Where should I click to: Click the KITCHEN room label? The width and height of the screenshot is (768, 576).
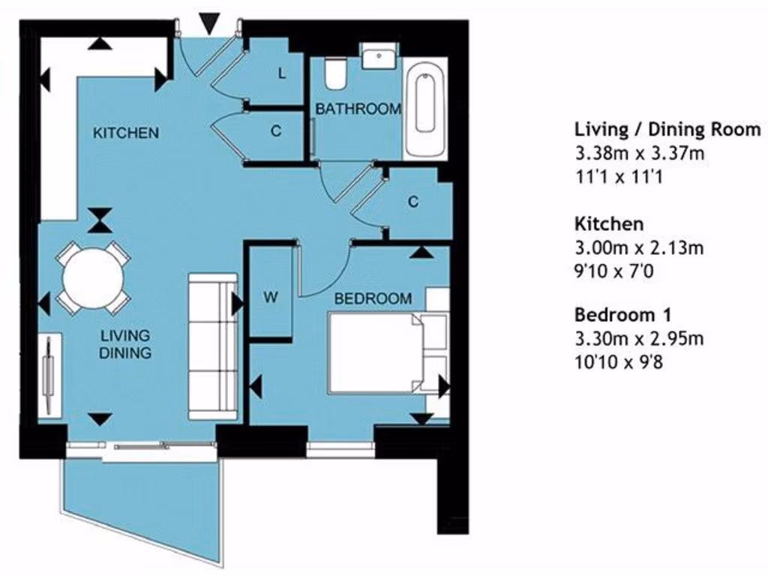point(125,133)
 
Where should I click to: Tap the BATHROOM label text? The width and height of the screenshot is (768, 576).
point(357,109)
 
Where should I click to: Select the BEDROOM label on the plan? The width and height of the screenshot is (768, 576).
point(373,298)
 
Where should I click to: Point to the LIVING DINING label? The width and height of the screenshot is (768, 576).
point(125,343)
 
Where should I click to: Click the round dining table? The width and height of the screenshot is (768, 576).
point(92,278)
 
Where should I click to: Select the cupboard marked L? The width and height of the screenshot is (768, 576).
point(282,74)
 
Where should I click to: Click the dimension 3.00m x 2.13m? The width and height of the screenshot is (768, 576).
point(639,248)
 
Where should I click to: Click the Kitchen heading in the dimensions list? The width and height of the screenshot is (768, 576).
point(609,223)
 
